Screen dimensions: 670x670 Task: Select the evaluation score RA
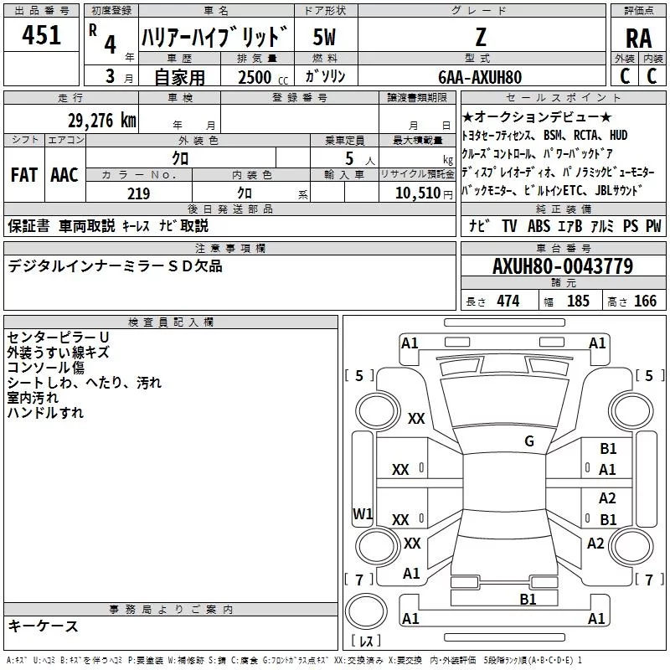[x=638, y=38]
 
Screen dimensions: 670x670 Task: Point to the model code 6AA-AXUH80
[x=480, y=77]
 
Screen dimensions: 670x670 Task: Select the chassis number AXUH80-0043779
[x=563, y=266]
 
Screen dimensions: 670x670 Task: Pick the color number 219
[x=138, y=193]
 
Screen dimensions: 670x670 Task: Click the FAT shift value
[x=23, y=174]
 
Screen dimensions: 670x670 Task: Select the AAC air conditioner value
[x=64, y=174]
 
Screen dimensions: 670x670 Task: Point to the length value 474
[x=507, y=301]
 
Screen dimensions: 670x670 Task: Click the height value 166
[x=645, y=301]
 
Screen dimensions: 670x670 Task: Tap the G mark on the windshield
[x=528, y=441]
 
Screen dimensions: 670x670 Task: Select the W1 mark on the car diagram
[x=363, y=513]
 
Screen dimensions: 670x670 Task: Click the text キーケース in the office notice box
[x=43, y=626]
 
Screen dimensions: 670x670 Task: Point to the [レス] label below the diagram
[x=366, y=642]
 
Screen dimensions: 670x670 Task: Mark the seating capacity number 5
[x=348, y=158]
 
